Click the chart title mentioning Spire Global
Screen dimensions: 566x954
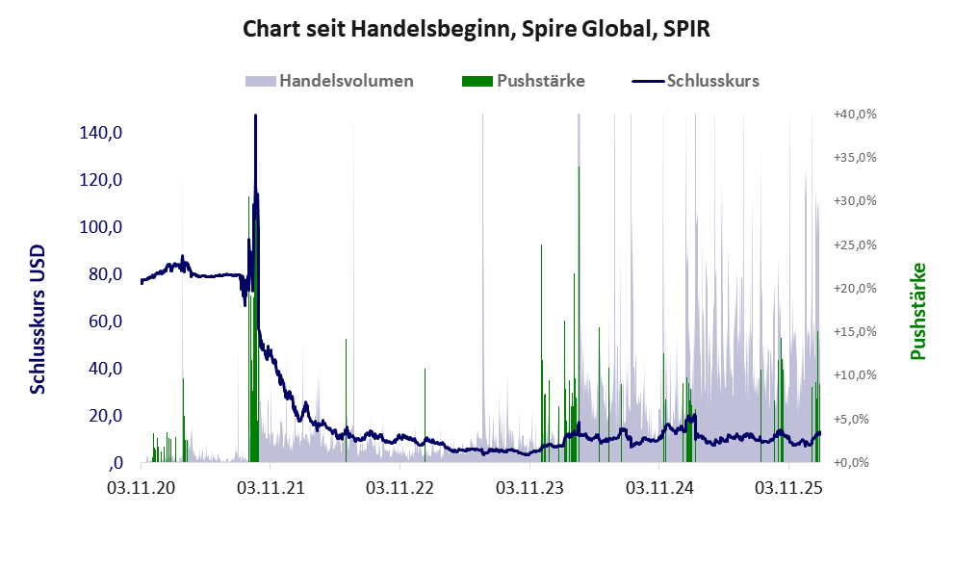[x=477, y=29]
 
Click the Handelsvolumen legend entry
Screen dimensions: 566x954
[x=347, y=81]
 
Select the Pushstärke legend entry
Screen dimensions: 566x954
[x=540, y=81]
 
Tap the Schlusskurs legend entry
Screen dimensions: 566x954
[x=712, y=81]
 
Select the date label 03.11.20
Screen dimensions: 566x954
[x=141, y=488]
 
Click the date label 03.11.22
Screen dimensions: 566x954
[x=400, y=488]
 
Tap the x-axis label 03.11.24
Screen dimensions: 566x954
[x=659, y=488]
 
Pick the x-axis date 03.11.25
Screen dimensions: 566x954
[x=789, y=488]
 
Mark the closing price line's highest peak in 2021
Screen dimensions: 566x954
[x=255, y=116]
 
